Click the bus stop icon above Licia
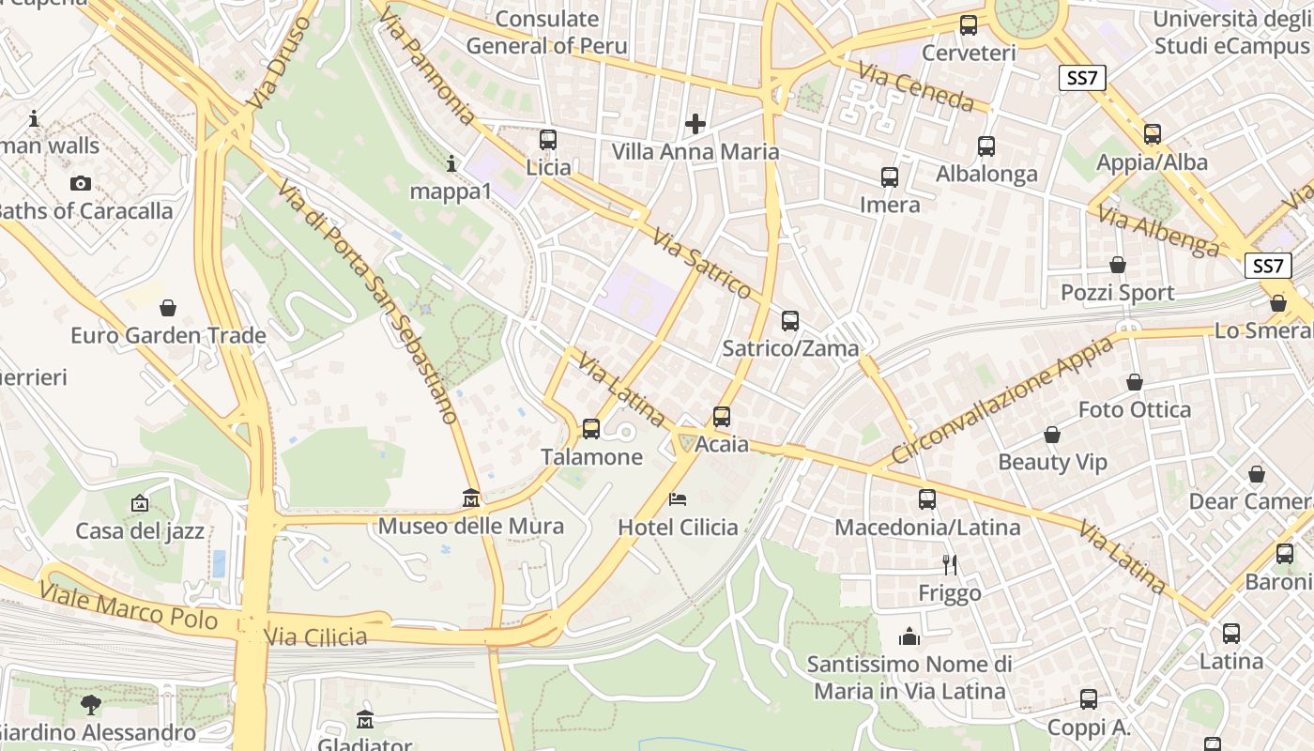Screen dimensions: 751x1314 point(548,140)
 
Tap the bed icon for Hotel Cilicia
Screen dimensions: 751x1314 point(678,498)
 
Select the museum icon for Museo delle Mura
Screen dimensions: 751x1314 point(471,498)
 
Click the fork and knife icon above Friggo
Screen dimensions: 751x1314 point(950,564)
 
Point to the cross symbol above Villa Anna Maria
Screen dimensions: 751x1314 point(695,123)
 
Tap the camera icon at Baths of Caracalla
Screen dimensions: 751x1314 point(81,183)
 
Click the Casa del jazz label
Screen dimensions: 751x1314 point(140,531)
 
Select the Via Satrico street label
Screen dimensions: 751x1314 point(703,264)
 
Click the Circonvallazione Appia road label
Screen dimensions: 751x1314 point(1001,401)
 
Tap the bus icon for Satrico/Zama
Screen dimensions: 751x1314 point(790,321)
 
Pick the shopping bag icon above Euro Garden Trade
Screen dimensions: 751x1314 point(168,308)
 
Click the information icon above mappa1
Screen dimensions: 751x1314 point(451,164)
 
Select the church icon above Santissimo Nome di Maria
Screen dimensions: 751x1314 point(909,637)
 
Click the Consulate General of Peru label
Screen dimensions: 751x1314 point(546,32)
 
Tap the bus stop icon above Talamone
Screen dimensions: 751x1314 point(591,429)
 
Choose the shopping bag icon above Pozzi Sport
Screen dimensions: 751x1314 point(1117,265)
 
